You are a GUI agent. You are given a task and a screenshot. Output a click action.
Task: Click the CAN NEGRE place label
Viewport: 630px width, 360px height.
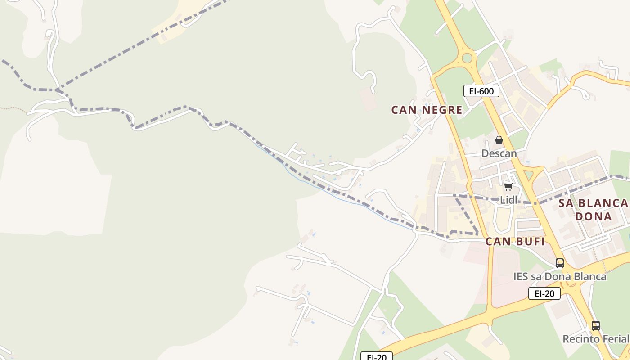tap(427, 110)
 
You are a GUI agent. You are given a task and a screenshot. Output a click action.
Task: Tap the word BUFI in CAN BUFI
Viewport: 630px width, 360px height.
tap(530, 242)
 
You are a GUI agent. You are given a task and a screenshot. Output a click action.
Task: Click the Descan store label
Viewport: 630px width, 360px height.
tap(499, 153)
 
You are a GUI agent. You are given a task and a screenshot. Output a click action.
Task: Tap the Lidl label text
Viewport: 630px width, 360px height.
tap(509, 200)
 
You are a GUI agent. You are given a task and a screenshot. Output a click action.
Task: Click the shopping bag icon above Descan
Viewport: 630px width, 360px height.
tap(499, 140)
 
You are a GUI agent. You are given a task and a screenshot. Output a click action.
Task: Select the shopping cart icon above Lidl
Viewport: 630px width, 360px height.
tap(508, 187)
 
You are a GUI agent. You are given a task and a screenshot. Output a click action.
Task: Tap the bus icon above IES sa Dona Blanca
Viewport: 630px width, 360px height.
tap(560, 263)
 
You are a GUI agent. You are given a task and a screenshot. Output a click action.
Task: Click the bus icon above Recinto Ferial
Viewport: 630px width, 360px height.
tap(596, 325)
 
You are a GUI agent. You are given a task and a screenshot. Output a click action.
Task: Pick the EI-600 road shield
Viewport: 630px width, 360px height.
tap(481, 91)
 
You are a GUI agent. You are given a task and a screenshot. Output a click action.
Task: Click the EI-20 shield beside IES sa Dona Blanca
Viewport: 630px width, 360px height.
tap(544, 294)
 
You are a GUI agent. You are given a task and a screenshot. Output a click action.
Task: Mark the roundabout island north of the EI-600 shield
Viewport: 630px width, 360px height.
tap(467, 58)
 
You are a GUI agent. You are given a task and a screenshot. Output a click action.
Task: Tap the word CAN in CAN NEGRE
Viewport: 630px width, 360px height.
tap(401, 110)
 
